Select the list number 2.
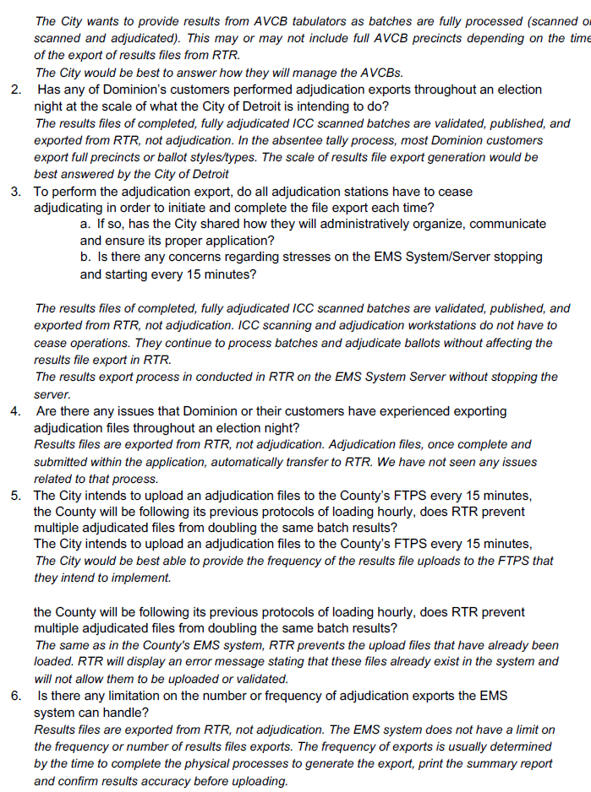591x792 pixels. (x=16, y=90)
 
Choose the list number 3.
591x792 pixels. (x=16, y=192)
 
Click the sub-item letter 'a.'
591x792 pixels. (x=85, y=224)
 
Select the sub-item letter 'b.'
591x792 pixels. (x=85, y=257)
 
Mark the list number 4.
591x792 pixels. (x=16, y=411)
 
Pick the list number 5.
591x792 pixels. (x=16, y=496)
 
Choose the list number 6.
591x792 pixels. (x=16, y=696)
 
